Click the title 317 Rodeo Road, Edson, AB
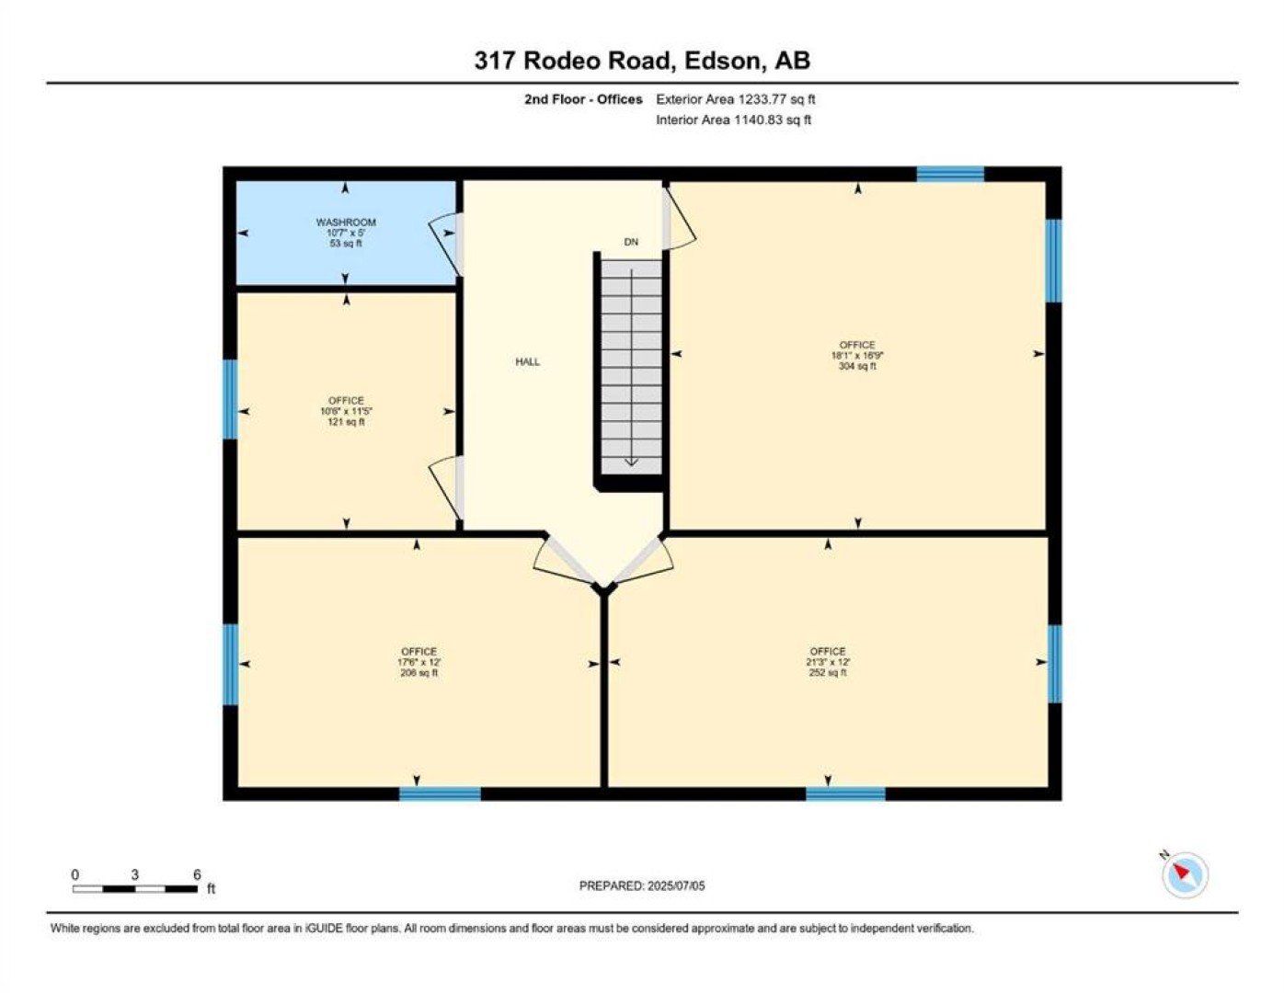[x=642, y=61]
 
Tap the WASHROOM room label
[x=346, y=223]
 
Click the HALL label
[x=527, y=361]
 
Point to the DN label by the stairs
[x=631, y=242]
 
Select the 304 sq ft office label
[x=857, y=355]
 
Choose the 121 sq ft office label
[x=346, y=411]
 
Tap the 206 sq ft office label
[x=418, y=662]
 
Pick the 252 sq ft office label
[x=828, y=662]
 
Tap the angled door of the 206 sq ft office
[x=565, y=561]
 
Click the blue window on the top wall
[x=950, y=175]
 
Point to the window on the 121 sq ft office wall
[x=230, y=399]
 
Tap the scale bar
[x=135, y=888]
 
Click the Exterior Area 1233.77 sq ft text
[x=736, y=99]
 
